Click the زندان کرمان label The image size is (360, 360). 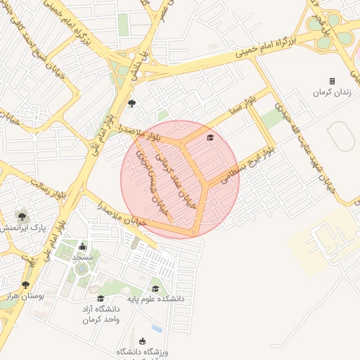coord(332,93)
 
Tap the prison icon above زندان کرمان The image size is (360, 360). coord(332,81)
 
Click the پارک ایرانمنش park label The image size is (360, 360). coord(20,229)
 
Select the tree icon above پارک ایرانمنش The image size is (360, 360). coord(22,215)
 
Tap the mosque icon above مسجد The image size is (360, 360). coord(83,245)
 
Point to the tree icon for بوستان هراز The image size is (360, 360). coord(26,284)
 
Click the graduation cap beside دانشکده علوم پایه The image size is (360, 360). coord(155,288)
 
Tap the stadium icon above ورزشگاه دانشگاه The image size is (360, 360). coord(143,341)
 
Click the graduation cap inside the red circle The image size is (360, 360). coord(210,137)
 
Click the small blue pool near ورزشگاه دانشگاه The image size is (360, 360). coord(157,328)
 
